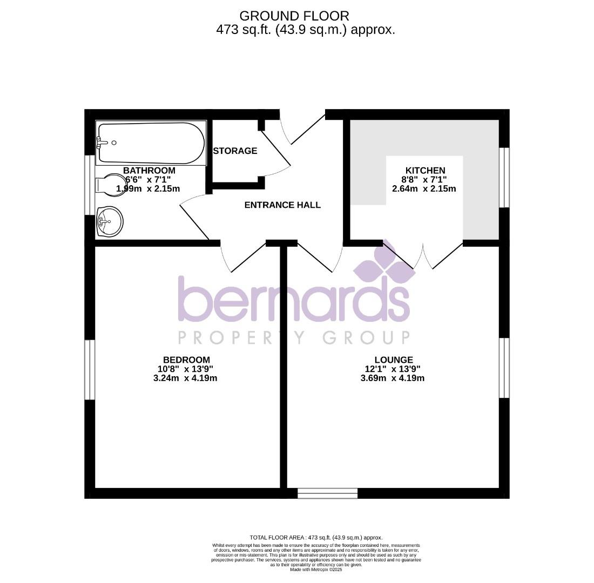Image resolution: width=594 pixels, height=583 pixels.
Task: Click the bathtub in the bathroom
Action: click(151, 143)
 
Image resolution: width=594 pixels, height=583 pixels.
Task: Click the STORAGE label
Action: click(235, 151)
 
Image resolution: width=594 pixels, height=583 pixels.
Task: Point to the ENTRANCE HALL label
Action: click(282, 205)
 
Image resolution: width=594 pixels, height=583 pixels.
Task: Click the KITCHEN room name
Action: click(425, 171)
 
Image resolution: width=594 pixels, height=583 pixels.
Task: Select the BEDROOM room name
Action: click(186, 360)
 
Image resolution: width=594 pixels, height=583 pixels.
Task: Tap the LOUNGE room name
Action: click(394, 360)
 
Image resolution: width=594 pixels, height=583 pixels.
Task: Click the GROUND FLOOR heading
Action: click(294, 16)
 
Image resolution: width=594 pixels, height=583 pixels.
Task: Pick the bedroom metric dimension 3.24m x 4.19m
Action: click(185, 378)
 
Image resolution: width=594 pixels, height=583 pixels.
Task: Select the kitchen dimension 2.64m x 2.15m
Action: click(424, 189)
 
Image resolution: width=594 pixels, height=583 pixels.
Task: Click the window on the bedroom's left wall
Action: click(90, 370)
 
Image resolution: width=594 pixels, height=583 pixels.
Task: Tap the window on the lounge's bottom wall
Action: click(327, 493)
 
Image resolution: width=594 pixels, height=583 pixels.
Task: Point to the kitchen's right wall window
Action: click(504, 178)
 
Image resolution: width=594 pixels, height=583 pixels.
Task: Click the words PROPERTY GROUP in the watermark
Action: click(294, 338)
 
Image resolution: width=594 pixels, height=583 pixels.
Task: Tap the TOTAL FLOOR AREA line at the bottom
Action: click(316, 538)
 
